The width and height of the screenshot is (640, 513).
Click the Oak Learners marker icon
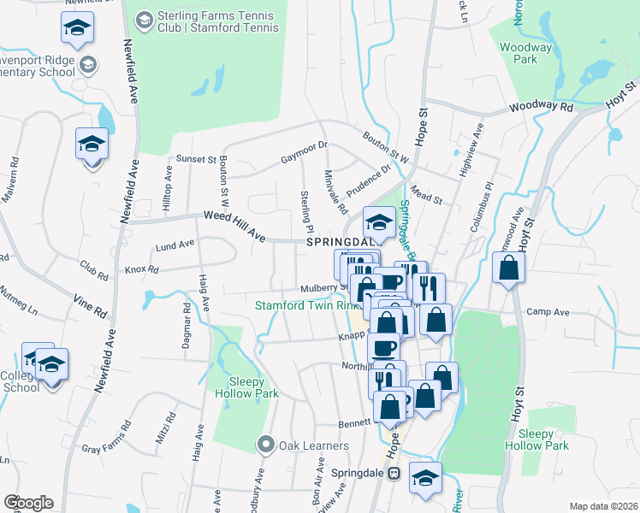point(265,445)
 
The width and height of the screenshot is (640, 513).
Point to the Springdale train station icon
point(394,473)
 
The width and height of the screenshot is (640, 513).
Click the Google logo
point(28,502)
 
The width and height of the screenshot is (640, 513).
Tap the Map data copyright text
point(603,505)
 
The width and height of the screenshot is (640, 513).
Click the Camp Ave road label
point(548,313)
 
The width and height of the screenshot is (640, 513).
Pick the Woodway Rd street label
point(543,108)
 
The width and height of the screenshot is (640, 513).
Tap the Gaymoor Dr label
point(304,153)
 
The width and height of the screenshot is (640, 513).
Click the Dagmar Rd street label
point(185,325)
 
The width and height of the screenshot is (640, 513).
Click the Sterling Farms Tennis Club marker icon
point(144,19)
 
